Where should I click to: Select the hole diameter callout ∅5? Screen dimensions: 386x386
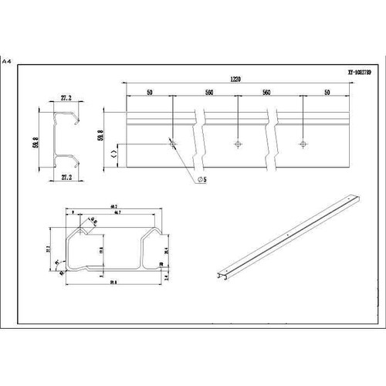point(201,179)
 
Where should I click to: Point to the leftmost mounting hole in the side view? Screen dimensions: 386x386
point(172,143)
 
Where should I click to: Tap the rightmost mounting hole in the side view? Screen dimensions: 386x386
point(303,144)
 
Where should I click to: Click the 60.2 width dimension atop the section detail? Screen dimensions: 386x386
point(113,205)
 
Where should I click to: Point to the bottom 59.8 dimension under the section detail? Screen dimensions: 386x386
point(113,281)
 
